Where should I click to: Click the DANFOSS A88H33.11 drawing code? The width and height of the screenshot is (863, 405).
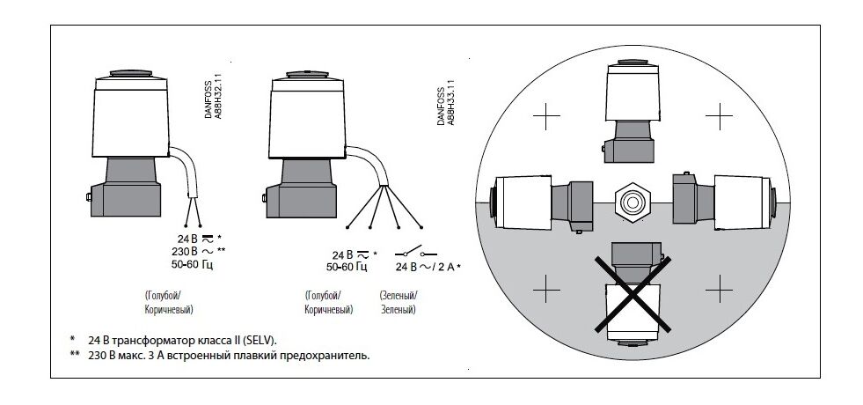pos(446,107)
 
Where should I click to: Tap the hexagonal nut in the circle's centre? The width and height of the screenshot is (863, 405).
pos(633,202)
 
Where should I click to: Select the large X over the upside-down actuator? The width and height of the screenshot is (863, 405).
pos(633,294)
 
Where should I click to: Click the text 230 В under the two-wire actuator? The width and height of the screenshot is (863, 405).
pos(184,251)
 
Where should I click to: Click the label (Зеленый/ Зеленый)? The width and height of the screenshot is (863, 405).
pos(398,302)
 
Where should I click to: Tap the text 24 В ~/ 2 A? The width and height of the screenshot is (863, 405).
pos(428,268)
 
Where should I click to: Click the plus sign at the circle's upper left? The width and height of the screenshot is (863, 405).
pos(546,116)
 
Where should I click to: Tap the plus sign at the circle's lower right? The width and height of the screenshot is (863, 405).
pos(719,289)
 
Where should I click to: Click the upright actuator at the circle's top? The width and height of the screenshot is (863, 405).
pos(632,111)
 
